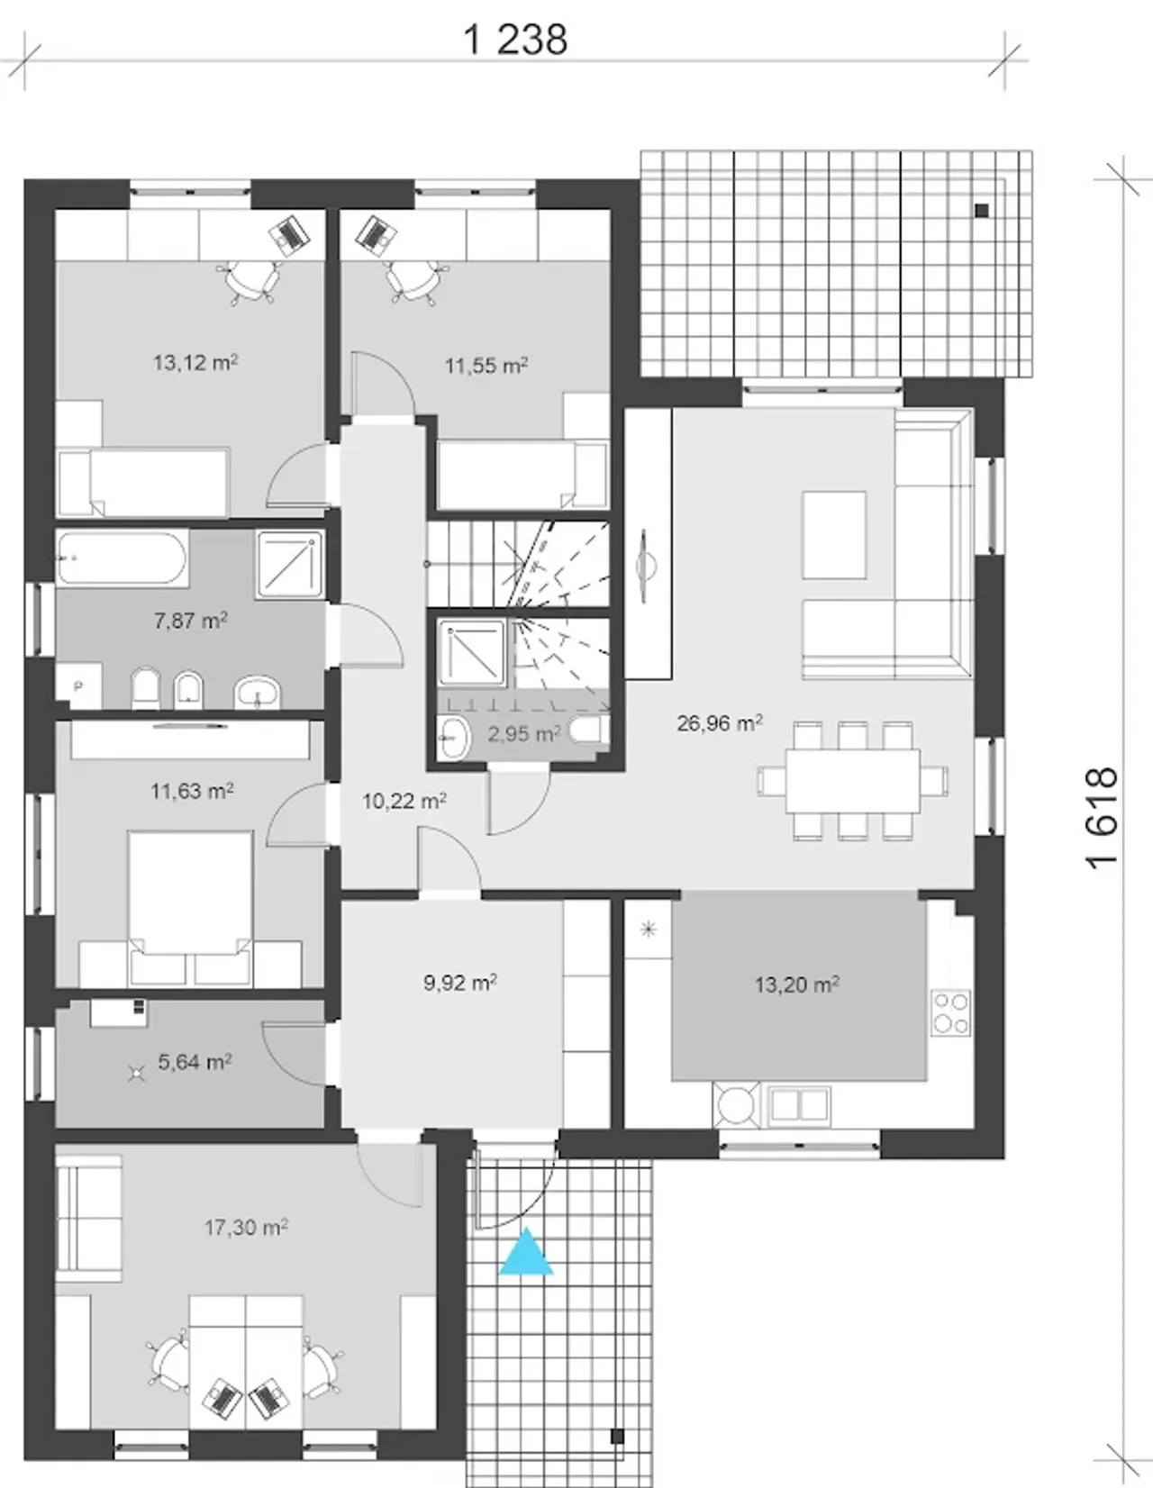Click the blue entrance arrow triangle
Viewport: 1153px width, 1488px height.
[526, 1253]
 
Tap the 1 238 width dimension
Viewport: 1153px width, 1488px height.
[515, 40]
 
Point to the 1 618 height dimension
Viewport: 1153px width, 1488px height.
[1102, 818]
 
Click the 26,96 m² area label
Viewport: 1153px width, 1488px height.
[721, 723]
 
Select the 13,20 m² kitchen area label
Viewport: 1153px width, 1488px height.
[797, 984]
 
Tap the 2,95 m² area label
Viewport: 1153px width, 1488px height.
[524, 734]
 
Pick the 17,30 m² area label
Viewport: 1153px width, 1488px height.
[246, 1227]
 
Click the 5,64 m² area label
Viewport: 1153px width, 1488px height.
[195, 1062]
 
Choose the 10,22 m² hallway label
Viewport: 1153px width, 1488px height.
[404, 801]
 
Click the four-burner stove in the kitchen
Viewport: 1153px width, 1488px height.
[951, 1012]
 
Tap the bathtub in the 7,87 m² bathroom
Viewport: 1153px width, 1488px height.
[122, 558]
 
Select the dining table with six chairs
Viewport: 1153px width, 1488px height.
[852, 781]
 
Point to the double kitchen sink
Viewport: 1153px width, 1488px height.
[799, 1105]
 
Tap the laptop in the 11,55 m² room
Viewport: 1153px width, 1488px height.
[376, 235]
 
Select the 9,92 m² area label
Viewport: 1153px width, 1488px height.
[460, 984]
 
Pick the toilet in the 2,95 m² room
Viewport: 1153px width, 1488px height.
[589, 730]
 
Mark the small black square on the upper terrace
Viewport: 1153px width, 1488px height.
[982, 210]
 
